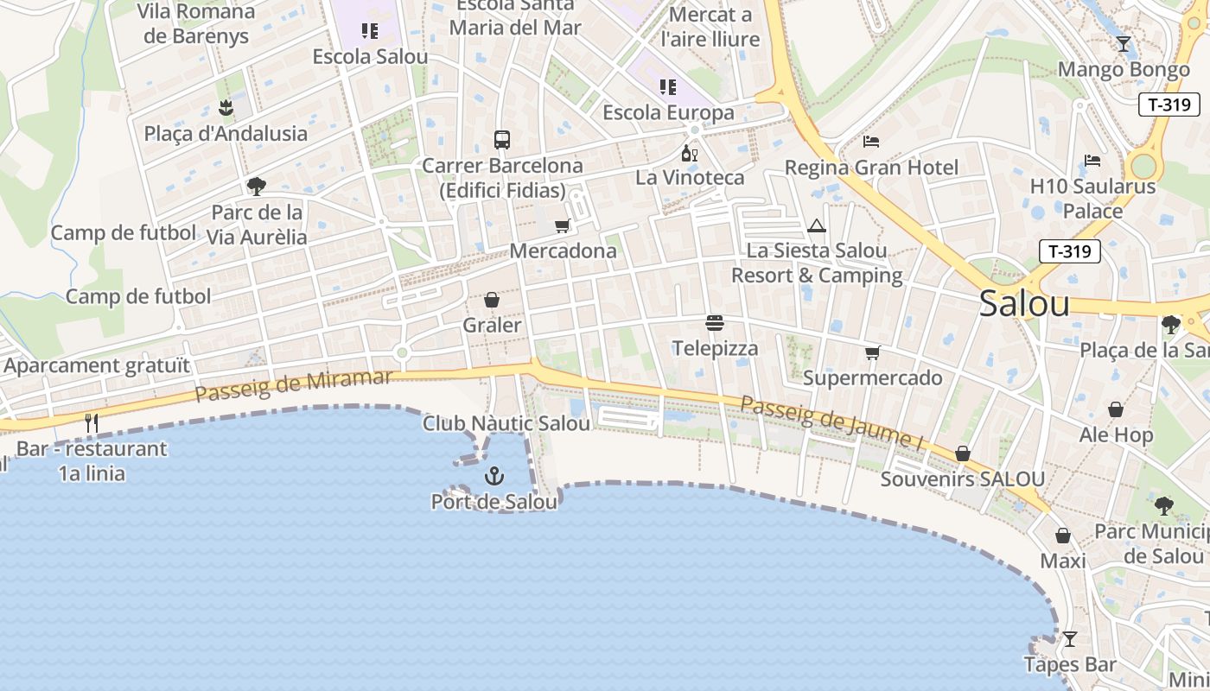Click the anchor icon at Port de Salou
click(494, 476)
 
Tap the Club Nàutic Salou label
click(506, 424)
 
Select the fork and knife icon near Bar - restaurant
click(92, 423)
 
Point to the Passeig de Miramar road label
click(294, 385)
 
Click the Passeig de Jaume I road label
click(832, 422)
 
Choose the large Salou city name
click(1024, 304)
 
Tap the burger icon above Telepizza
click(715, 323)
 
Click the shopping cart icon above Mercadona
click(563, 226)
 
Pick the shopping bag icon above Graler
click(492, 300)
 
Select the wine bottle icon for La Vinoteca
click(689, 154)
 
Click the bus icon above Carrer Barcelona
click(501, 139)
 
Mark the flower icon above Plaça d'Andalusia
click(226, 108)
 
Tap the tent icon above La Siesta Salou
click(817, 226)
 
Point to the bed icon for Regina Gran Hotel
click(871, 142)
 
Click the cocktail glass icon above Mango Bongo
click(1124, 44)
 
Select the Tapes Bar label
click(1070, 665)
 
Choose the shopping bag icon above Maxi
click(1063, 536)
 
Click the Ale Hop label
click(1116, 434)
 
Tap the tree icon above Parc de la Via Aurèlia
click(256, 186)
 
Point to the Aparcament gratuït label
click(96, 365)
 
